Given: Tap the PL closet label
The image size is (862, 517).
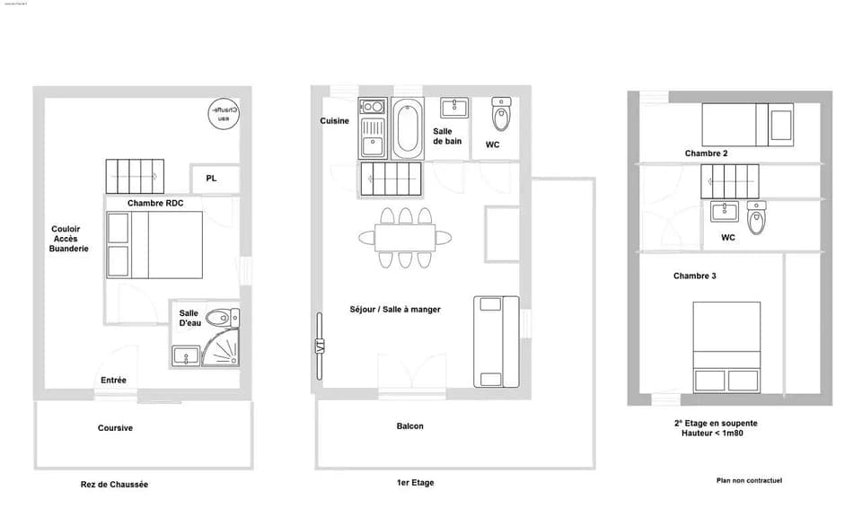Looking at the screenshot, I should [x=211, y=179].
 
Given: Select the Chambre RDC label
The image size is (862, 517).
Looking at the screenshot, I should [x=155, y=204].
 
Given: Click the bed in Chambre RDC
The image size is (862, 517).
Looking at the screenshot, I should [x=155, y=245].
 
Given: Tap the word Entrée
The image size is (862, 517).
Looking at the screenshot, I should [x=113, y=381].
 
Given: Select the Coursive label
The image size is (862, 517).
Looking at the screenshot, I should [x=115, y=428].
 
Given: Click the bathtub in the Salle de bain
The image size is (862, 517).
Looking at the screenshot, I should [x=407, y=128].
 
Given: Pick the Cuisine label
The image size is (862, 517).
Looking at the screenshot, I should [x=335, y=121].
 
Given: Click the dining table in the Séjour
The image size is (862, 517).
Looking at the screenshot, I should [x=406, y=238].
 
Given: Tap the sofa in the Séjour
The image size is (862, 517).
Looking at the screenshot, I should [x=497, y=341].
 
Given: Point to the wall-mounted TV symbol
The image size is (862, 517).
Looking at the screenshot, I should [x=319, y=346].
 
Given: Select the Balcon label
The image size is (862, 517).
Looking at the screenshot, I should [x=409, y=426].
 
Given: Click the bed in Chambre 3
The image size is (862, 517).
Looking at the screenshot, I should [x=726, y=346].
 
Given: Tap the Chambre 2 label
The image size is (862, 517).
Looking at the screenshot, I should [x=706, y=153].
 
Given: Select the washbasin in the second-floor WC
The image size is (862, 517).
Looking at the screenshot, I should [x=723, y=213].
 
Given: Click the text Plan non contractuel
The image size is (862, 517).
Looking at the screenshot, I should [x=749, y=481].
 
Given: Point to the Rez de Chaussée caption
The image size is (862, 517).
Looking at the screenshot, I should [x=114, y=485].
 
